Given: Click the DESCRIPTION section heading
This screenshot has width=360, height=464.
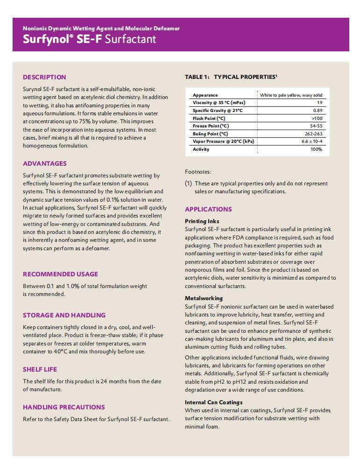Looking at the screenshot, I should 44,77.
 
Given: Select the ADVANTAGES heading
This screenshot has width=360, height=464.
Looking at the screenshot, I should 45,163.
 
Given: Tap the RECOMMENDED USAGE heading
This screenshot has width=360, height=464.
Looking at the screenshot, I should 60,274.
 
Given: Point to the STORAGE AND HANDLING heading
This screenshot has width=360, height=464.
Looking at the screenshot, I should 64,315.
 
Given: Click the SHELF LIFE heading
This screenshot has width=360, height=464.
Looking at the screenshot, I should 40,369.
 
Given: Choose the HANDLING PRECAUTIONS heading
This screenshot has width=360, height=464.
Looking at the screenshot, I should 64,407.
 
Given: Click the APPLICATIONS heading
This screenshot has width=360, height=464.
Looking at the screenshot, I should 208,209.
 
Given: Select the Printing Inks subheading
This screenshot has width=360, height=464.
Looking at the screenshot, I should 202,221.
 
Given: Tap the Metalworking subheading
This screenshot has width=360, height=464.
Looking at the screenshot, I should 204,298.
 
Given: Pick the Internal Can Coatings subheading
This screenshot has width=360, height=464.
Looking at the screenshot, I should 213,402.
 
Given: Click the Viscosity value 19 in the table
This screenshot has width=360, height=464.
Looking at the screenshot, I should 319,103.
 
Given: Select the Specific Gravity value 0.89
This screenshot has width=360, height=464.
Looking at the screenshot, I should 318,111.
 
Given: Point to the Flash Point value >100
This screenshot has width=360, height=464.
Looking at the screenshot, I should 316,119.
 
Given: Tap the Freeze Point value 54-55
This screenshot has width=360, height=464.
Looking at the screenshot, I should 316,126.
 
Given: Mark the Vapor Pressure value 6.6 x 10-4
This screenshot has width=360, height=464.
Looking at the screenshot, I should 311,141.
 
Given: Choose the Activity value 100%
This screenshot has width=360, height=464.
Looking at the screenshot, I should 316,149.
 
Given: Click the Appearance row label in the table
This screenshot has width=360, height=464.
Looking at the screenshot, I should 205,95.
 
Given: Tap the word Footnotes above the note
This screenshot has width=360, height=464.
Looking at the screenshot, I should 198,172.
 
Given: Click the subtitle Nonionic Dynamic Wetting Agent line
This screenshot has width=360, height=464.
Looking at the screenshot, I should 101,28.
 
